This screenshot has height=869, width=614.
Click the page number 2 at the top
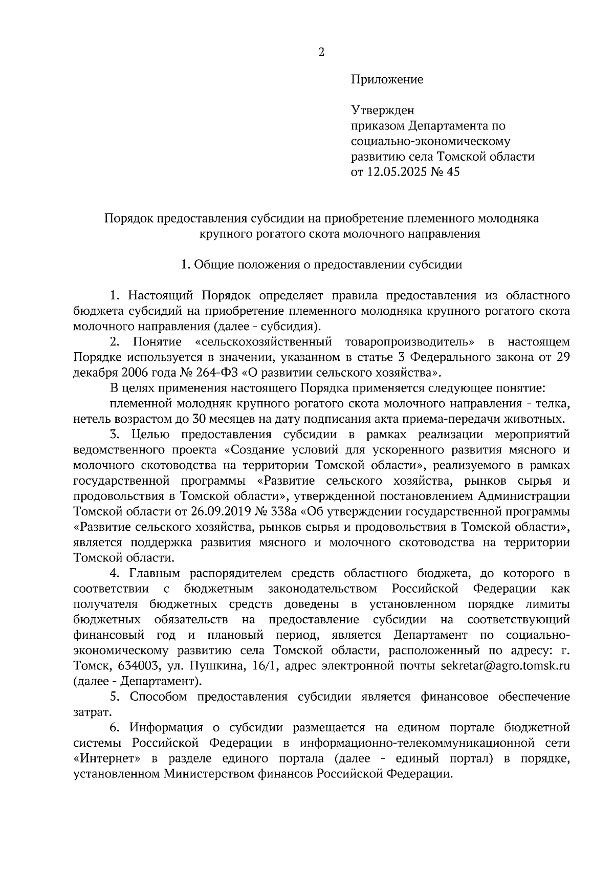tap(321, 52)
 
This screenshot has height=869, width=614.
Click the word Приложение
tap(387, 80)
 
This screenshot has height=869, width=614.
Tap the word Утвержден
tap(382, 111)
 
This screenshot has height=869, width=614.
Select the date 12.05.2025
tap(396, 172)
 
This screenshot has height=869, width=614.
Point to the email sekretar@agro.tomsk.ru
tap(505, 666)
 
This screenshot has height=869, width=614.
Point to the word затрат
tap(91, 712)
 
